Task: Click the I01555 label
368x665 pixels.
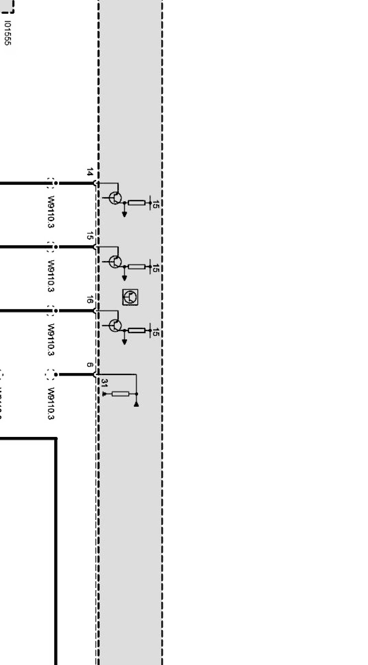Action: (7, 34)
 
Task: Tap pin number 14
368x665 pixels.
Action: (89, 172)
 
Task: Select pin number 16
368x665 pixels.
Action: (89, 300)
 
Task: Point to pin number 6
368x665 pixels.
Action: (90, 365)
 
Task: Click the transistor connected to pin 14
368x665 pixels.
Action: (115, 198)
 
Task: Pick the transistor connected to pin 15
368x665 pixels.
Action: (115, 262)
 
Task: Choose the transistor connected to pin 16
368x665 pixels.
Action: (115, 325)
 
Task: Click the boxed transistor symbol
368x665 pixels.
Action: (130, 297)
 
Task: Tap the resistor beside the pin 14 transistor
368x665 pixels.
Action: (137, 203)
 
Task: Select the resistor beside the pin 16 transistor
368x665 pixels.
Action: (137, 331)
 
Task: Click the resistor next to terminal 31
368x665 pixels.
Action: (120, 394)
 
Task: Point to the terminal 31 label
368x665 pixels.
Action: (104, 383)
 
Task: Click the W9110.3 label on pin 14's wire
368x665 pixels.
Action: (51, 212)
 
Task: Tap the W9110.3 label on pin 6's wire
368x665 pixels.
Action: (51, 404)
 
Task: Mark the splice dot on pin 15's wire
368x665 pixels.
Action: (55, 247)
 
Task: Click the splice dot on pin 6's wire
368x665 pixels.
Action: (55, 375)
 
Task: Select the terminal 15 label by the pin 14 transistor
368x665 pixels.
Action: (155, 205)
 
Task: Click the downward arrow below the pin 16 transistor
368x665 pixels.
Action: (124, 342)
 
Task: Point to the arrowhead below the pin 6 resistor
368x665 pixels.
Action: (136, 404)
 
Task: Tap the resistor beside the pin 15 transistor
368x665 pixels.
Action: (137, 267)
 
